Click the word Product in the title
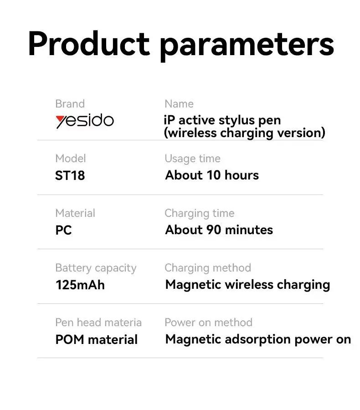tap(89, 44)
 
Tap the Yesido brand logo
tap(85, 121)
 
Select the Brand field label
tap(70, 104)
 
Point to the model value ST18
tap(70, 175)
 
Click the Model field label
tap(70, 159)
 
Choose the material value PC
tap(63, 230)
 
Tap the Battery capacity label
tap(96, 268)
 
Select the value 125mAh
tap(80, 285)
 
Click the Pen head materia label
tap(98, 323)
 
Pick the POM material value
tap(96, 339)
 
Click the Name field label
tap(179, 104)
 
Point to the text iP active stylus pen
tap(222, 120)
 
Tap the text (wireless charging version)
tap(245, 133)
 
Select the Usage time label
tap(192, 159)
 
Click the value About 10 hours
tap(212, 175)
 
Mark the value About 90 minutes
tap(219, 230)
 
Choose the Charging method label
tap(207, 268)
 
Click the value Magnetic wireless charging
tap(247, 285)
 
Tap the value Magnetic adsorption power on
tap(258, 339)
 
